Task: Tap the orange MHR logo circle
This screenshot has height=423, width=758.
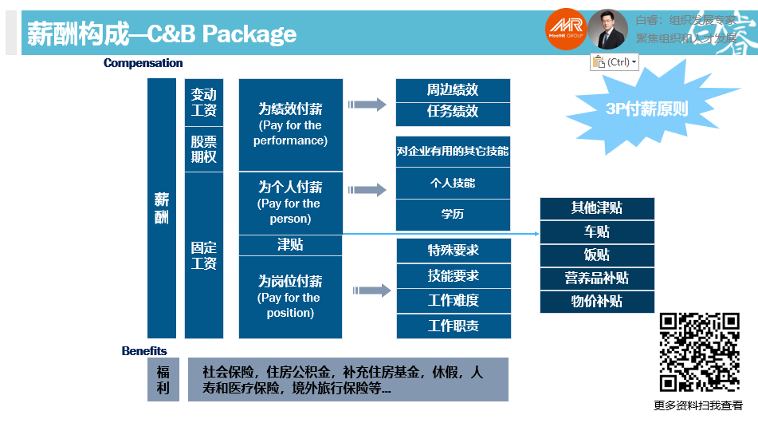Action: [567, 30]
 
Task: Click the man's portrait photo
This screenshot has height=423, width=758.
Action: [608, 30]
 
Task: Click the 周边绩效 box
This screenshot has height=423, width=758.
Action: [453, 90]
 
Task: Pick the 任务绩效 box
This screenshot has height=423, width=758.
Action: [453, 113]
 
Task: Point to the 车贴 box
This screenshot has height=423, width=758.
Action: [597, 231]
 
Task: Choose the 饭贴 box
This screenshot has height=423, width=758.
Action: [597, 255]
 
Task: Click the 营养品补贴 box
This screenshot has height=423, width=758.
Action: [597, 279]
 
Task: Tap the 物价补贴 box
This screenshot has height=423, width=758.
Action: [597, 302]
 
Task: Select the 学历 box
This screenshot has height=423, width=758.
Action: [453, 214]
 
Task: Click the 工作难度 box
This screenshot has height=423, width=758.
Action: [453, 301]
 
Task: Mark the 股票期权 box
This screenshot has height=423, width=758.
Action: [204, 148]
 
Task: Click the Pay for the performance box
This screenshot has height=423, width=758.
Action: [290, 125]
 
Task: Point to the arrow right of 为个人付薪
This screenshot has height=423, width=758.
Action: [367, 190]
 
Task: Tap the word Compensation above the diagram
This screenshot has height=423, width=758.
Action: [143, 63]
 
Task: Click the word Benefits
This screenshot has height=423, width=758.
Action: [144, 350]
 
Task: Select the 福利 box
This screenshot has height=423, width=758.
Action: [163, 379]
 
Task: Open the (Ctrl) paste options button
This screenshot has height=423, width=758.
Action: [615, 62]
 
